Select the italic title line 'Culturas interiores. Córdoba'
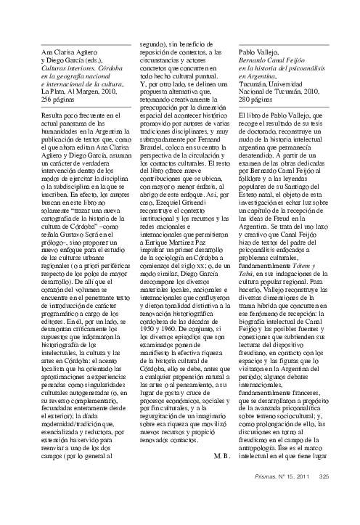point(79,65)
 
